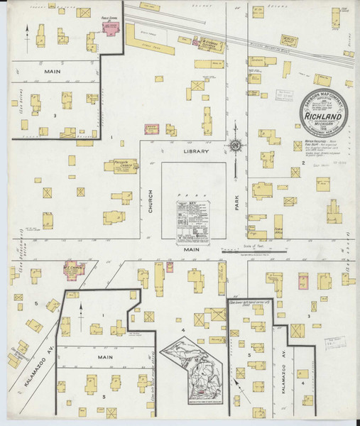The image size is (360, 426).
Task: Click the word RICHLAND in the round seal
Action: tap(323, 111)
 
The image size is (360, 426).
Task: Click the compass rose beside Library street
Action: tap(234, 146)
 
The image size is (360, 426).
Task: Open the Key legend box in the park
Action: tap(195, 223)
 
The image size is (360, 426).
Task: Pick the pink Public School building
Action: tap(111, 27)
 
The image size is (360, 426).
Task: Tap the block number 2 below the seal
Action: tap(303, 163)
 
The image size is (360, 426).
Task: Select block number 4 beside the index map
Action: tap(182, 330)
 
